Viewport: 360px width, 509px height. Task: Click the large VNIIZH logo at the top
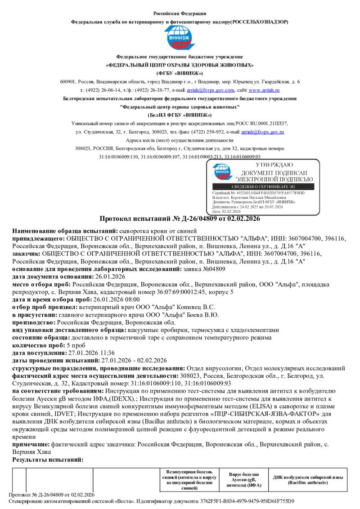point(180,38)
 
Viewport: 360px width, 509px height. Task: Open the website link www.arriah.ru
point(267,90)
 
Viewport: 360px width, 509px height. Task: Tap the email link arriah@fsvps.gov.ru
point(262,132)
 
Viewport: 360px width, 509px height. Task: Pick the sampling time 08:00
point(131,299)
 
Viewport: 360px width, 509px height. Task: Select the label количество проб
point(33,345)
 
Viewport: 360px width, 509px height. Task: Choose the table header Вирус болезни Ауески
point(244,480)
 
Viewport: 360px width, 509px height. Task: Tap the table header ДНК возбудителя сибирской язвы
point(308,480)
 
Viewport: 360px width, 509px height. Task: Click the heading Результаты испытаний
point(48,460)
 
